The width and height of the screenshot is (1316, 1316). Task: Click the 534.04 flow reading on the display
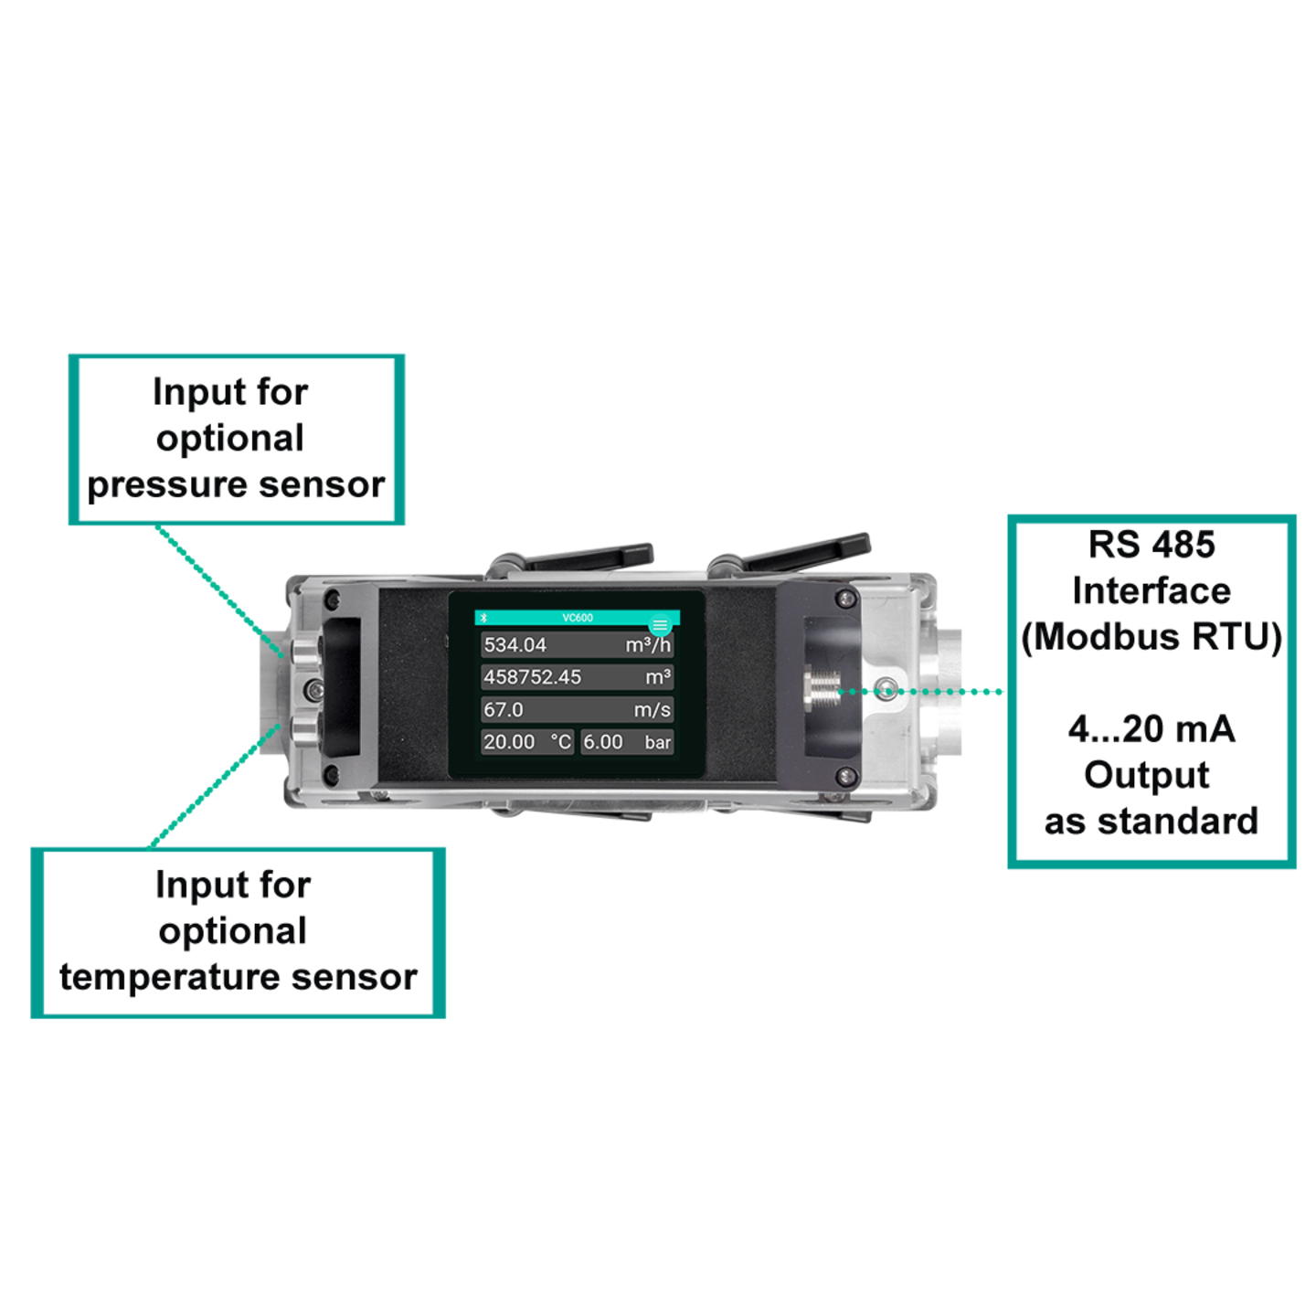pyautogui.click(x=515, y=644)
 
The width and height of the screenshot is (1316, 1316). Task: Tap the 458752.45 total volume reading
pyautogui.click(x=532, y=677)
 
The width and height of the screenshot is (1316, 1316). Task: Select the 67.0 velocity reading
pyautogui.click(x=504, y=709)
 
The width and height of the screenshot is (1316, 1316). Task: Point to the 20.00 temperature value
pyautogui.click(x=509, y=742)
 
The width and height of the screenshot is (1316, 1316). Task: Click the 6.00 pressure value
pyautogui.click(x=602, y=742)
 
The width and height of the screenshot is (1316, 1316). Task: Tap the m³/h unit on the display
pyautogui.click(x=648, y=644)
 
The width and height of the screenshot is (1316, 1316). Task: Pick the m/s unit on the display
pyautogui.click(x=653, y=709)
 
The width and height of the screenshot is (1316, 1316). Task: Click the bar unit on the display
pyautogui.click(x=658, y=742)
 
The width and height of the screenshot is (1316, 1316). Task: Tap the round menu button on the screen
pyautogui.click(x=660, y=625)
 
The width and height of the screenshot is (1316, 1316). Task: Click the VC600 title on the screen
pyautogui.click(x=577, y=618)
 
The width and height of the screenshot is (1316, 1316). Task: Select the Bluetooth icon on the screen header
pyautogui.click(x=483, y=618)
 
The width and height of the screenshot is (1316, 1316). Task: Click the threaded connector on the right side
pyautogui.click(x=822, y=691)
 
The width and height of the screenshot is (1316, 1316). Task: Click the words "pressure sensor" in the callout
pyautogui.click(x=236, y=485)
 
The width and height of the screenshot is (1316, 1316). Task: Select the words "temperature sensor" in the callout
pyautogui.click(x=239, y=977)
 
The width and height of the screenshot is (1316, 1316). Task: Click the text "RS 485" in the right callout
pyautogui.click(x=1151, y=545)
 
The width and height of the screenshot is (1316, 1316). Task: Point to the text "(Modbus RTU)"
pyautogui.click(x=1151, y=636)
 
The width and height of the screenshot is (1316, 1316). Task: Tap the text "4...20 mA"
pyautogui.click(x=1151, y=729)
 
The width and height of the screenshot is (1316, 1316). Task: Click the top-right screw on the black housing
pyautogui.click(x=846, y=599)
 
